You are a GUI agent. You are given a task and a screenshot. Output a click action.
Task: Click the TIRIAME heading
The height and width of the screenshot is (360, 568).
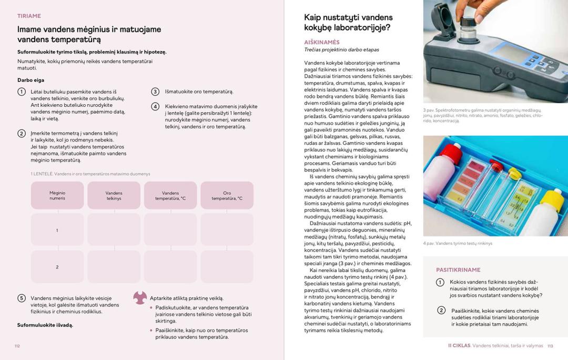[29, 16]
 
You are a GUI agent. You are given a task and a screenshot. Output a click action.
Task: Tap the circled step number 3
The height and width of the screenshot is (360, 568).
[155, 92]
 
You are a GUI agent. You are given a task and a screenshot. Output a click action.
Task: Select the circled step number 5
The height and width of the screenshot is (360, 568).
[22, 298]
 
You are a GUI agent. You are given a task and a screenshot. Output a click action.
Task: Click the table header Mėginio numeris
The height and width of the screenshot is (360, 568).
[57, 196]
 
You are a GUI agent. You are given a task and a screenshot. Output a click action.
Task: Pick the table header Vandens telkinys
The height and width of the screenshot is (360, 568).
[114, 196]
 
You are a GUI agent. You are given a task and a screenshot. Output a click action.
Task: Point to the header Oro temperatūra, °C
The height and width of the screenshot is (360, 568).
[227, 196]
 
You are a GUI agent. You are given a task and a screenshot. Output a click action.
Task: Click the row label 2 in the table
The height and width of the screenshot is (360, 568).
[57, 267]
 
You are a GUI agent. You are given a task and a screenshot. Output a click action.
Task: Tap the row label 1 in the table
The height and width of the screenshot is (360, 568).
[57, 230]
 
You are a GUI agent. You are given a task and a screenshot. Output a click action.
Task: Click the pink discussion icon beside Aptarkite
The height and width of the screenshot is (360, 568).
[140, 298]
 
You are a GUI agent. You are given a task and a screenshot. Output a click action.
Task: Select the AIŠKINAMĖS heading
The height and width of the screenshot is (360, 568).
[322, 42]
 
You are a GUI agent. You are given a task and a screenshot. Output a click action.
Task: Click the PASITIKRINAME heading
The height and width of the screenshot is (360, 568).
[458, 270]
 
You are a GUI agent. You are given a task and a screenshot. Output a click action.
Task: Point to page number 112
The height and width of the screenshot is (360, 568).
[17, 346]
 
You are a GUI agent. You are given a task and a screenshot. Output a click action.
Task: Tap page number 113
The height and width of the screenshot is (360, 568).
[550, 346]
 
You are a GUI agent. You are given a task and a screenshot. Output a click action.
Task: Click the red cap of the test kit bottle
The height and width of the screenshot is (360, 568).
[450, 152]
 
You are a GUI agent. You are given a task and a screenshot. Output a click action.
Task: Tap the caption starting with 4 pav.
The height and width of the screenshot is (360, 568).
[458, 243]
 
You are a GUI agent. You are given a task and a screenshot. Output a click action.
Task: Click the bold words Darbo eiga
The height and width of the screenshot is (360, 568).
[31, 80]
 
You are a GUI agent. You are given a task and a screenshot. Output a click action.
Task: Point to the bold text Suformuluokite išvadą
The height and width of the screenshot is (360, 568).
[45, 325]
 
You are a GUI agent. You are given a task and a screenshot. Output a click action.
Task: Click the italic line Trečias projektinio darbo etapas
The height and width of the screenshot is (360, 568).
[341, 50]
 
